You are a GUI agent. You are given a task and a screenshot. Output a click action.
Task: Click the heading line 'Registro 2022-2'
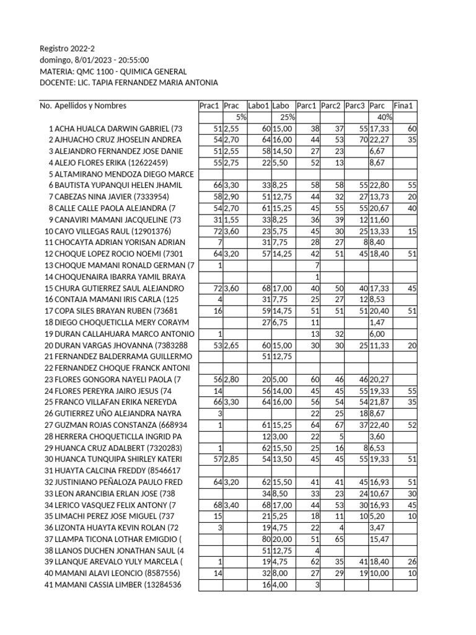point(68,48)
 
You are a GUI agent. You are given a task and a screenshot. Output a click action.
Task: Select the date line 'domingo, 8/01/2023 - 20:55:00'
point(94,60)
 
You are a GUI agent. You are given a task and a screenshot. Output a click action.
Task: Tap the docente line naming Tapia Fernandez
point(129,83)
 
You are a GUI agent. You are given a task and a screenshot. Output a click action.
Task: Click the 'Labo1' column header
point(258,106)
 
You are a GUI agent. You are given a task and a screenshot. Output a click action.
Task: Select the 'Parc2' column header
point(332,106)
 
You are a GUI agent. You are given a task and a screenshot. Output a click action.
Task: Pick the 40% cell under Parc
point(383,117)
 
